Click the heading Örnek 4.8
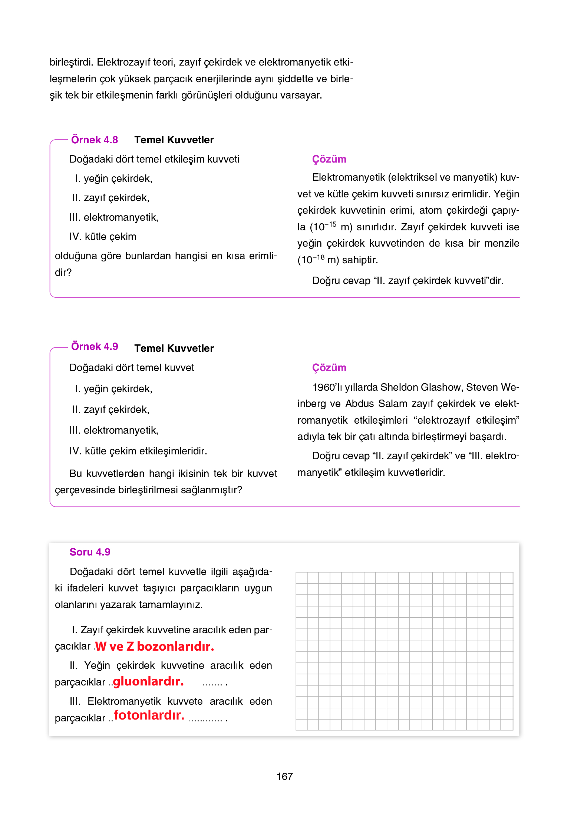(x=94, y=140)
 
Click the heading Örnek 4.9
(x=94, y=346)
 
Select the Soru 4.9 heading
(x=90, y=552)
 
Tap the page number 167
(x=284, y=776)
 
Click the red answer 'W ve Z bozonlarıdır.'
(x=154, y=646)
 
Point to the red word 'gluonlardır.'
(x=148, y=681)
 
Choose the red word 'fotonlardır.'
(x=149, y=715)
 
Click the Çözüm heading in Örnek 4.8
(x=329, y=159)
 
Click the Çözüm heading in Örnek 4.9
(x=329, y=368)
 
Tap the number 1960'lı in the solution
(x=327, y=387)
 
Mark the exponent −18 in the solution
(x=319, y=257)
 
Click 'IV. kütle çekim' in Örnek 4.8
(x=103, y=237)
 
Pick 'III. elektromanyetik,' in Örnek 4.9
(x=113, y=430)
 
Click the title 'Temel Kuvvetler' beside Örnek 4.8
(x=174, y=140)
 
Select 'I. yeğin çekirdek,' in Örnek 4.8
(x=113, y=178)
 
